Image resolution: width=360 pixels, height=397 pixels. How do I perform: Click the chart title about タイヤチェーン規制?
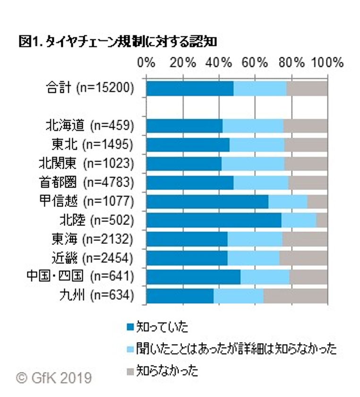coord(118,43)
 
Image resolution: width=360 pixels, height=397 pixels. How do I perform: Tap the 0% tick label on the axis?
coord(146,63)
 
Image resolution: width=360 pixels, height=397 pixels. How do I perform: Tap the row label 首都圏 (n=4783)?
coord(86,182)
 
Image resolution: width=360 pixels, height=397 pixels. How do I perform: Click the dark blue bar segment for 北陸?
coord(214,220)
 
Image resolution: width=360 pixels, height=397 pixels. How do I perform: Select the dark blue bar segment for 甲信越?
coord(207,201)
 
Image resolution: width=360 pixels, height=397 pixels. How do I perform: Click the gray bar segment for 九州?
coord(295,295)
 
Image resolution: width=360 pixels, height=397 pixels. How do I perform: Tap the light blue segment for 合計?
coord(260,88)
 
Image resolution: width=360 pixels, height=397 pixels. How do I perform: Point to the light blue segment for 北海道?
coord(253,126)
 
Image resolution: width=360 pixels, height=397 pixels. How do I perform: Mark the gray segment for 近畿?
coord(303,258)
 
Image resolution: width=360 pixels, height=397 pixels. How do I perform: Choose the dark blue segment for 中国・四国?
coord(193,276)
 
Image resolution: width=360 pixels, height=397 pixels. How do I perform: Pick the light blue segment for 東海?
coord(255,239)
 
